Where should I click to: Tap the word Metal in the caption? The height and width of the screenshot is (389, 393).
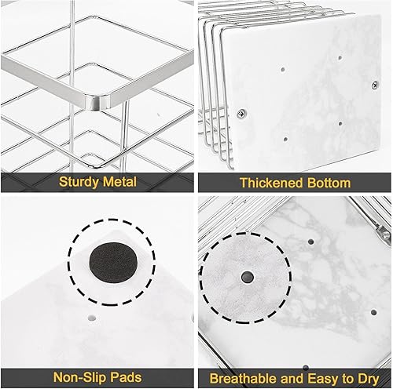coord(119,182)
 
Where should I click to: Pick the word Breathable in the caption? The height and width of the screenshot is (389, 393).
coord(244,377)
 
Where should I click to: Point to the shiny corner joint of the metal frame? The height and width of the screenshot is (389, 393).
coord(97,100)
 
